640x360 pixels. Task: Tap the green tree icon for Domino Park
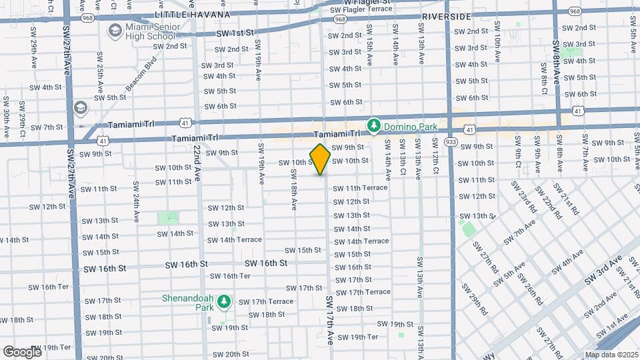tap(374, 125)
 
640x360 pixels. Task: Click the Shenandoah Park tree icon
tap(225, 303)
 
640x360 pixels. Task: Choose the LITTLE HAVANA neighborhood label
tap(192, 14)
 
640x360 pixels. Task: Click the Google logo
tap(22, 351)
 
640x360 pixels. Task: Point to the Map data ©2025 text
tap(611, 354)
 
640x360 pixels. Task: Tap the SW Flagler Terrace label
tap(362, 9)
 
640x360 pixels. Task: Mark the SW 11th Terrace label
tap(360, 188)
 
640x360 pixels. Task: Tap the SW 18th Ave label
tap(294, 187)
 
